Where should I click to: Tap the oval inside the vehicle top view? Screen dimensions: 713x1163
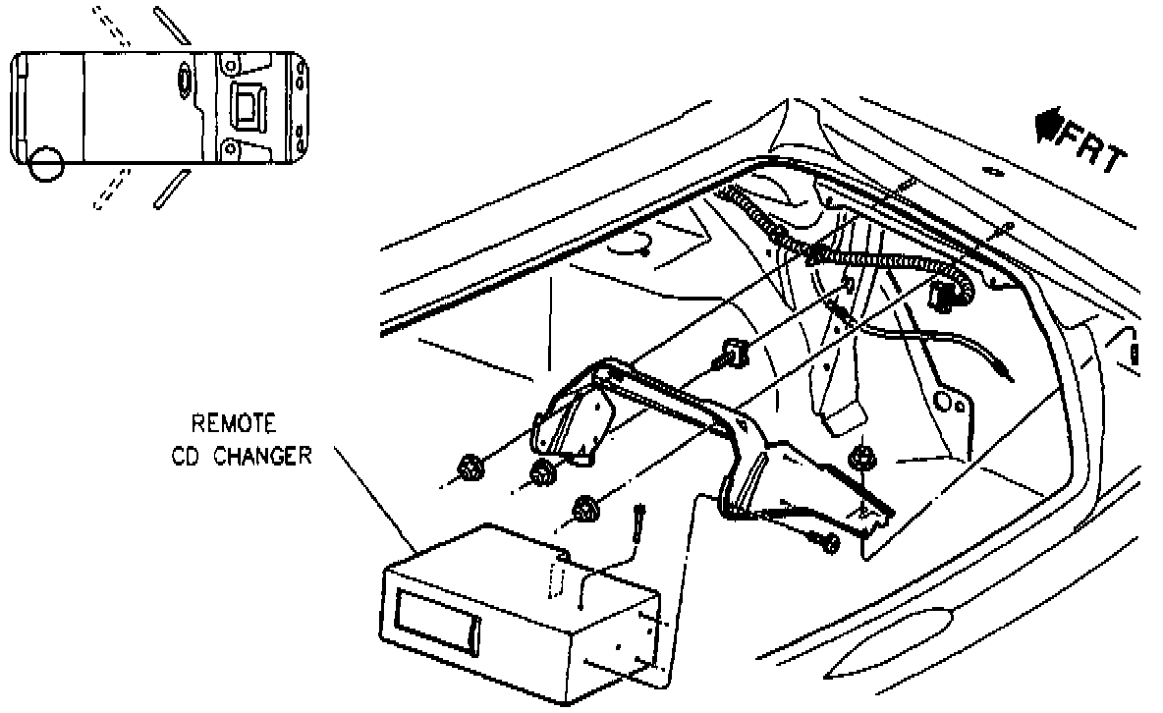click(185, 78)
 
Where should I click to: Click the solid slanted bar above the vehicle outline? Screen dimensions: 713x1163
click(172, 26)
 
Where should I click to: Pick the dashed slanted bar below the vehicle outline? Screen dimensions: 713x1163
click(111, 189)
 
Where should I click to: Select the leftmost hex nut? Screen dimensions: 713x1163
click(469, 469)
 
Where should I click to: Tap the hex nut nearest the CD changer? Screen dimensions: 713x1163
click(587, 509)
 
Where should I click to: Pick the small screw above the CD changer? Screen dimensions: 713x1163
click(640, 520)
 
